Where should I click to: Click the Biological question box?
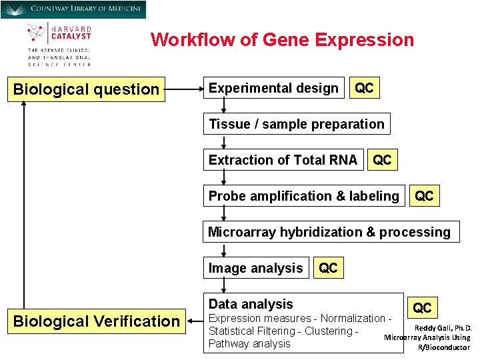(x=86, y=89)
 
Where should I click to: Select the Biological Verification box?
(x=96, y=321)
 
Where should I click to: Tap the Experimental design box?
(x=273, y=88)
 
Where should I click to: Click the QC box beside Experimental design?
(x=364, y=88)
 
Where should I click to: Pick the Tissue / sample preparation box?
(x=296, y=124)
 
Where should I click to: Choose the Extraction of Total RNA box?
(x=283, y=160)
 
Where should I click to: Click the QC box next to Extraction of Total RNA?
(x=382, y=160)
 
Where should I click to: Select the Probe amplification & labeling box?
(x=303, y=196)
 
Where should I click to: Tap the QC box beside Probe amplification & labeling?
(x=424, y=196)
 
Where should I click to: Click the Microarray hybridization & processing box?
(x=329, y=232)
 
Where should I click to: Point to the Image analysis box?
(x=255, y=268)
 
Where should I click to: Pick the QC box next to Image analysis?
(x=328, y=268)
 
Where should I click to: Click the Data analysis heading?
(x=251, y=304)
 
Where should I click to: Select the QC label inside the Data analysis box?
(x=422, y=308)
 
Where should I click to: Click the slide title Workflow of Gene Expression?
(x=282, y=40)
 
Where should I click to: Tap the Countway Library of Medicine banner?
(x=73, y=9)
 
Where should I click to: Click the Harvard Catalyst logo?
(x=59, y=44)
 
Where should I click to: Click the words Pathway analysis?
(x=249, y=344)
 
